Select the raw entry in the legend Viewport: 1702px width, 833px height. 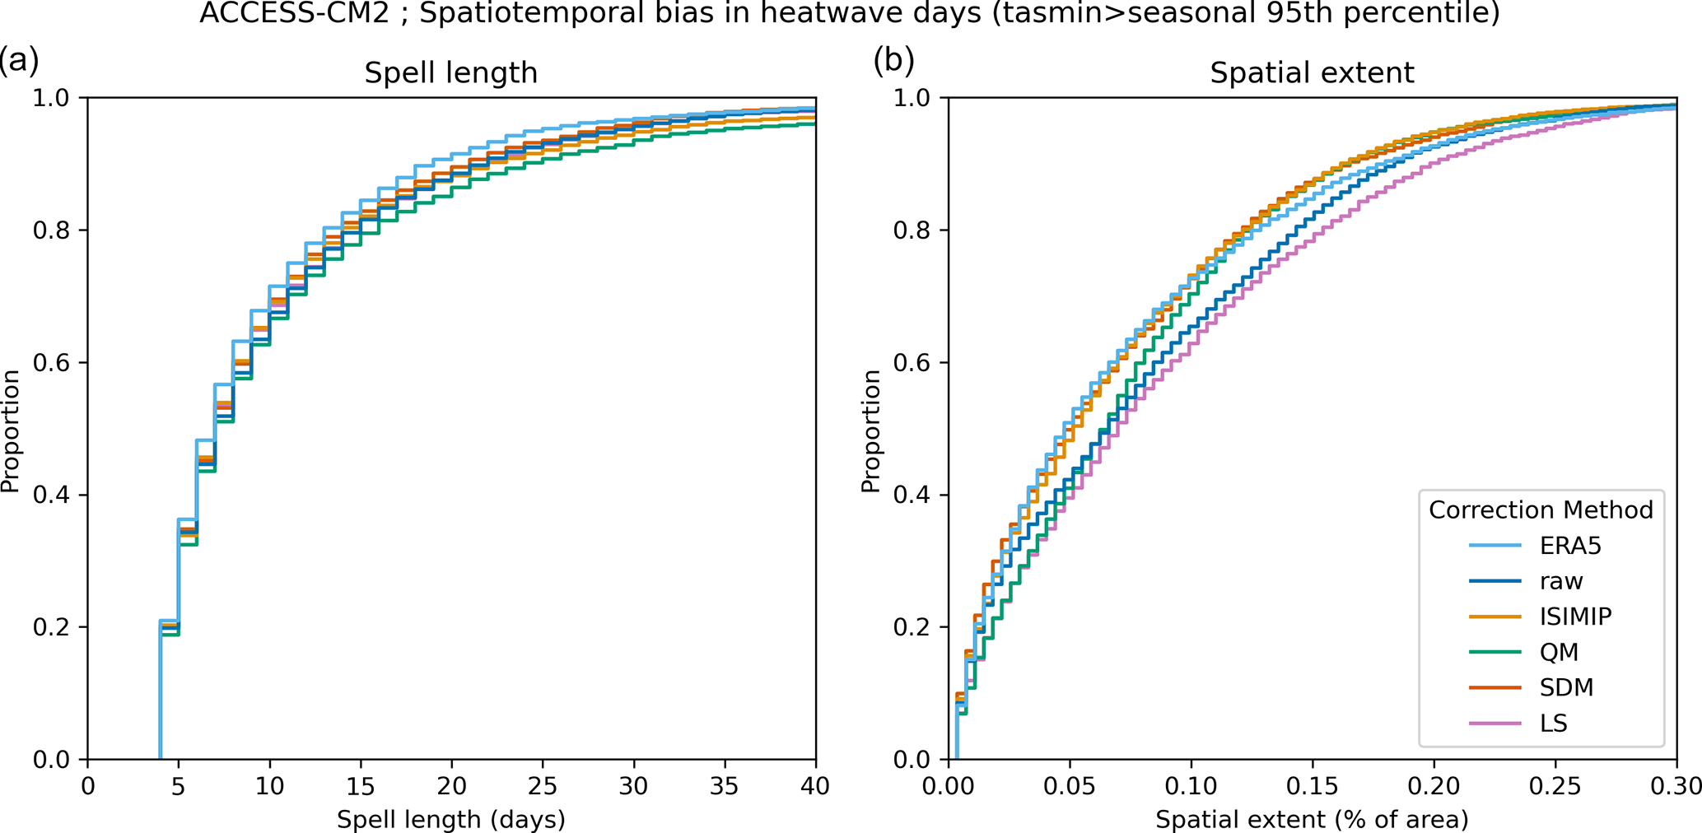pos(1561,581)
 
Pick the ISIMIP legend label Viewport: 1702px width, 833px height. pos(1575,617)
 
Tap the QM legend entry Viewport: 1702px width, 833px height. pos(1559,652)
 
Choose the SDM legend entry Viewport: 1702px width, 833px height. pos(1566,687)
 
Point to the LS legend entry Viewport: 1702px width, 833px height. pos(1554,723)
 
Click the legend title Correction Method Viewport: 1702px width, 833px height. pos(1541,510)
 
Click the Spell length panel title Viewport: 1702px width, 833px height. pos(450,73)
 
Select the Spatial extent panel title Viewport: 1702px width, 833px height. pos(1312,73)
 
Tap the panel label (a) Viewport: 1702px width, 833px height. pos(18,61)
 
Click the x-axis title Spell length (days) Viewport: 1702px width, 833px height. pos(450,819)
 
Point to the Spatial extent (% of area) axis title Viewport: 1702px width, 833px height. pos(1312,819)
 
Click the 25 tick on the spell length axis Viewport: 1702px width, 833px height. pos(543,785)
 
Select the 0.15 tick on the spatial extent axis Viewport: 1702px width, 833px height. pos(1313,785)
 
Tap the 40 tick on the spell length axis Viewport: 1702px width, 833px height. pos(815,785)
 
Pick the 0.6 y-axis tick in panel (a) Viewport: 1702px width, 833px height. pos(51,363)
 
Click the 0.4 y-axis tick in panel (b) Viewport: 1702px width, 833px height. pos(912,496)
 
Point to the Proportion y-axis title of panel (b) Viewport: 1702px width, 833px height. pos(870,430)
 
